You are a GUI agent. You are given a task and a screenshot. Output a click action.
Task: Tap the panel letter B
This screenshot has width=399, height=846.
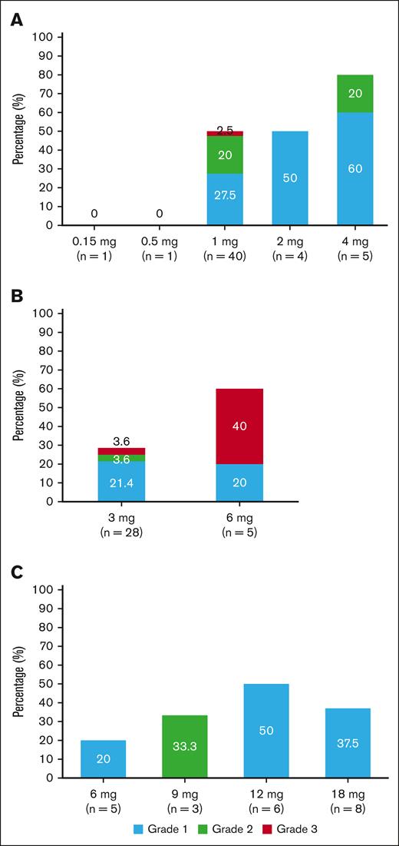coord(15,295)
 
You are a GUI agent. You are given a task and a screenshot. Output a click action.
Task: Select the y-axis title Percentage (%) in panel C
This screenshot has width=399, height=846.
coord(18,684)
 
